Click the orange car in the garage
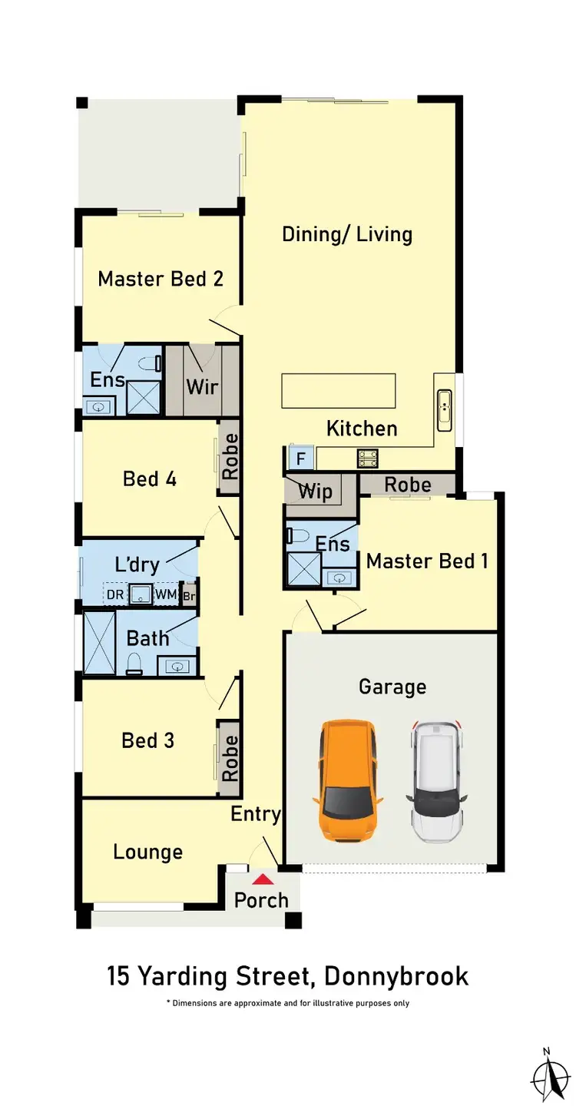(x=347, y=780)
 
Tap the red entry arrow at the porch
(x=263, y=879)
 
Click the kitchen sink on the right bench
(x=445, y=410)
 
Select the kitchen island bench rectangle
(x=339, y=391)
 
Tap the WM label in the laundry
(x=166, y=594)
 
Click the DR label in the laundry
(x=115, y=594)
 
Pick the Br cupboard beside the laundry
(x=188, y=595)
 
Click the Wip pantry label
(x=315, y=492)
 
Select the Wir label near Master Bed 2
(x=203, y=386)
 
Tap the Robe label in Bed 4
(x=230, y=457)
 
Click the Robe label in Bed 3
(x=230, y=758)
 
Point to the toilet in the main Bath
(x=134, y=664)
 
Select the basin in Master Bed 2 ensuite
(x=98, y=406)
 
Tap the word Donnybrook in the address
(x=396, y=977)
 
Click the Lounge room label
(x=147, y=852)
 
